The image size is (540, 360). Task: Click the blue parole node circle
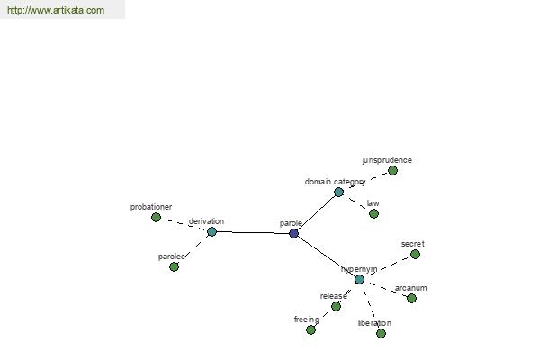pos(293,234)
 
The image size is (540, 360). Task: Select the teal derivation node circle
pos(211,231)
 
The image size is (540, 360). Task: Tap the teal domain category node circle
pos(339,193)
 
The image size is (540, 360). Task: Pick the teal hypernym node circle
pos(359,279)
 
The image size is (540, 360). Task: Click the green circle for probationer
pos(156,218)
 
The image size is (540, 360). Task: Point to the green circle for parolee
pos(175,266)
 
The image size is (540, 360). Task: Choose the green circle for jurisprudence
pos(392,170)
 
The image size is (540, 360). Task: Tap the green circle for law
pos(374,214)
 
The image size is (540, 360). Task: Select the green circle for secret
pos(415,254)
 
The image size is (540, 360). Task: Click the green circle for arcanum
pos(411,298)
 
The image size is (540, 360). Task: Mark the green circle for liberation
pos(381,334)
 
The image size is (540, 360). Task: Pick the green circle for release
pos(336,306)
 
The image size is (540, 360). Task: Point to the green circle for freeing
pos(310,330)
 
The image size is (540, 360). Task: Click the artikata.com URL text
pos(56,10)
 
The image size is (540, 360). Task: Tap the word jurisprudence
pos(387,160)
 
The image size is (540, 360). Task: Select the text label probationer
pos(151,207)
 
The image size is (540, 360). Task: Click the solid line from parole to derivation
pos(253,232)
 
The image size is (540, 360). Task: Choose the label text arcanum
pos(411,288)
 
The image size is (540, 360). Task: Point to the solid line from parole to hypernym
pos(327,256)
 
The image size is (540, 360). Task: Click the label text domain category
pos(335,182)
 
